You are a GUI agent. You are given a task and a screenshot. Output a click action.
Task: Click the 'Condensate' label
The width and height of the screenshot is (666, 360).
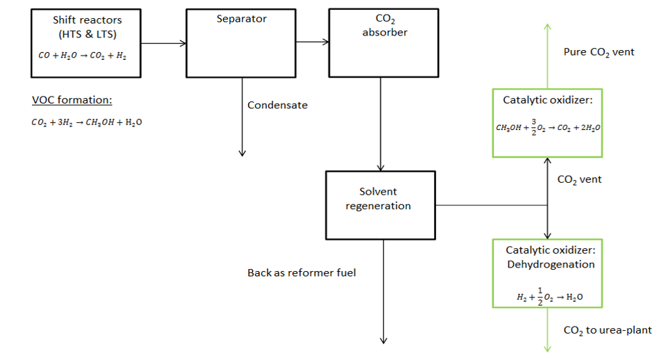pyautogui.click(x=277, y=105)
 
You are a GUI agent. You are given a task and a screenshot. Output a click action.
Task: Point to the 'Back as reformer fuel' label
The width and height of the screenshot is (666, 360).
pyautogui.click(x=301, y=272)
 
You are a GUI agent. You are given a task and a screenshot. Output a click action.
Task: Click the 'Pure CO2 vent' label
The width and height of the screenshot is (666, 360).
pyautogui.click(x=599, y=52)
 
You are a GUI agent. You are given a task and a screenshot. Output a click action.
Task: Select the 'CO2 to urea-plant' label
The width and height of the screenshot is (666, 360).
pyautogui.click(x=608, y=330)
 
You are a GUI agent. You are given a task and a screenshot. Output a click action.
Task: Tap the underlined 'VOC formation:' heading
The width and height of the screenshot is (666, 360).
pyautogui.click(x=72, y=100)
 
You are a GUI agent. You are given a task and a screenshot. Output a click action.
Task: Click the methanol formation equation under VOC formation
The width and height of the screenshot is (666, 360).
pyautogui.click(x=87, y=122)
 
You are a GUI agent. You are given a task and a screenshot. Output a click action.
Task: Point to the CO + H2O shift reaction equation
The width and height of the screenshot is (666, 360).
pyautogui.click(x=83, y=56)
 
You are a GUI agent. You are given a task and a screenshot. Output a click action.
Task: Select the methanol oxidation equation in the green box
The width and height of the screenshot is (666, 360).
pyautogui.click(x=548, y=127)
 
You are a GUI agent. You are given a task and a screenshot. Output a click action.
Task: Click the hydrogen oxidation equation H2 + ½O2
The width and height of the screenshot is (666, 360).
pyautogui.click(x=549, y=297)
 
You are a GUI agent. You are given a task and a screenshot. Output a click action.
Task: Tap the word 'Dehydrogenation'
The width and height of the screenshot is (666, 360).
pyautogui.click(x=551, y=264)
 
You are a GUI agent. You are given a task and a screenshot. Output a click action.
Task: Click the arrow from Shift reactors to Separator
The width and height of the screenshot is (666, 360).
pyautogui.click(x=163, y=43)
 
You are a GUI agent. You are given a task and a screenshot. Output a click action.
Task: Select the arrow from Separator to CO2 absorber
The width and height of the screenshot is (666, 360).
pyautogui.click(x=313, y=42)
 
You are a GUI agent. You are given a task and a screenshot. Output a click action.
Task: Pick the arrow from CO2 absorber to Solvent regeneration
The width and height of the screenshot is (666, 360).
pyautogui.click(x=381, y=124)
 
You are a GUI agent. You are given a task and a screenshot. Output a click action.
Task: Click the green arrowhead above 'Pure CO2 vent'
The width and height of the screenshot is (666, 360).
pyautogui.click(x=547, y=26)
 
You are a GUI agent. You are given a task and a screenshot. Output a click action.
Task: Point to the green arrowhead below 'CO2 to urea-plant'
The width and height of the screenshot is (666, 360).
pyautogui.click(x=547, y=349)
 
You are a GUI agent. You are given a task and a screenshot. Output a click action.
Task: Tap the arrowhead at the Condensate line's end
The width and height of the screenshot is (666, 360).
pyautogui.click(x=242, y=154)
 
